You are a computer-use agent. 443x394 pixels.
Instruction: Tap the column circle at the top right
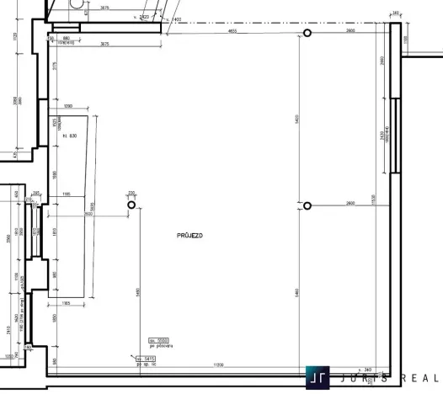tap(307, 33)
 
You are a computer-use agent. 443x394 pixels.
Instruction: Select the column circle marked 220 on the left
tap(131, 205)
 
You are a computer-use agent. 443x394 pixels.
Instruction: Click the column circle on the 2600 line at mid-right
tap(307, 205)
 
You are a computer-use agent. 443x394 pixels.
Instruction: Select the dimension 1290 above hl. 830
tap(69, 105)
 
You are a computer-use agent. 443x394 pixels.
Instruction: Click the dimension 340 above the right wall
tap(396, 13)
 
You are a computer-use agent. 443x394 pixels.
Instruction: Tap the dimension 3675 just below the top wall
tap(105, 43)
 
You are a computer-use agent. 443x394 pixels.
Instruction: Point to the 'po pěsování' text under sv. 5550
tap(159, 345)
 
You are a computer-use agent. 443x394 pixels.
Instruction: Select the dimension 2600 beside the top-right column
tap(349, 29)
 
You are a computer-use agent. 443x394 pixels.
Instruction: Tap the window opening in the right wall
tap(395, 135)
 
